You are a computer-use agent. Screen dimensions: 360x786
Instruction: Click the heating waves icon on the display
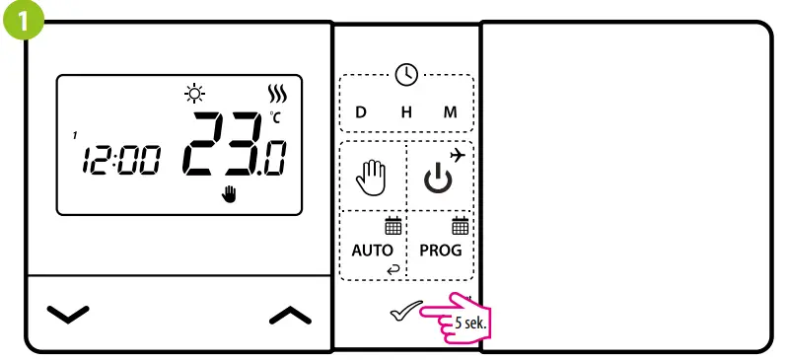pos(275,96)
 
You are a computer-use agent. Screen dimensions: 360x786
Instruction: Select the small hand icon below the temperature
pos(230,193)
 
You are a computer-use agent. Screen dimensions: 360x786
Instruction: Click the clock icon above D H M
pos(406,73)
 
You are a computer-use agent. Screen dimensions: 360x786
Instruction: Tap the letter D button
pos(360,112)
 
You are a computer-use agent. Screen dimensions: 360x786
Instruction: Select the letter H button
pos(405,112)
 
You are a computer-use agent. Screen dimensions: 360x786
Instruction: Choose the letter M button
pos(450,112)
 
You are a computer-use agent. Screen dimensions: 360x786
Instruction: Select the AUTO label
pos(372,250)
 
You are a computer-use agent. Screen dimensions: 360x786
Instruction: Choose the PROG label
pos(440,250)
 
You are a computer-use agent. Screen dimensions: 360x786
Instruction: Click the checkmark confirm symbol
pos(404,314)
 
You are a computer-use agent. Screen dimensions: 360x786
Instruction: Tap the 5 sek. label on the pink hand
pos(471,323)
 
